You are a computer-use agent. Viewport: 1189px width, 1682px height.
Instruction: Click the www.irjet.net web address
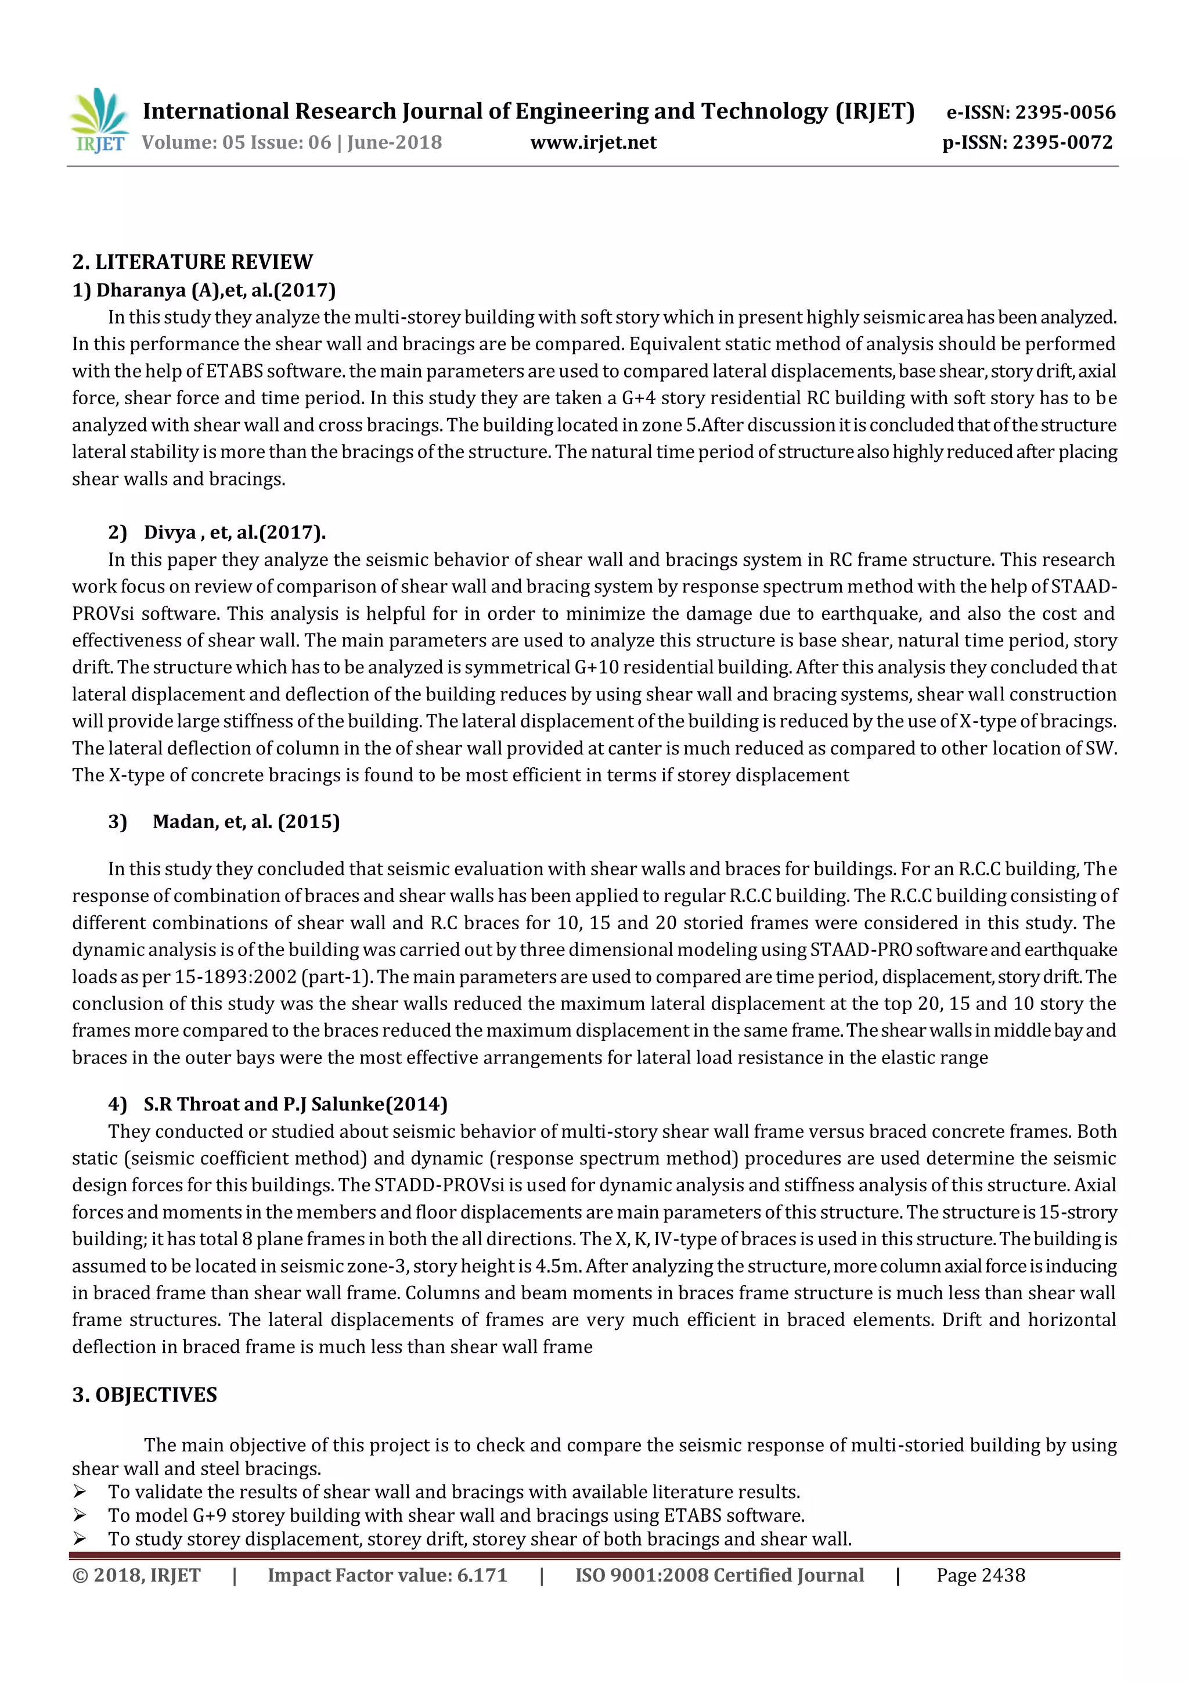593,142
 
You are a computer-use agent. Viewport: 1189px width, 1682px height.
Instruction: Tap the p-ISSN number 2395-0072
1062,142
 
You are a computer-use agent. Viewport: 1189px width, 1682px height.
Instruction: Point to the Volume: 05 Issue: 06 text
236,142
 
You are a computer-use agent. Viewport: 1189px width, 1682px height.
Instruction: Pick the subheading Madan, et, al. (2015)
246,821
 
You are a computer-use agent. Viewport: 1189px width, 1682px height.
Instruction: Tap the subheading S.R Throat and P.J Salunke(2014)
295,1104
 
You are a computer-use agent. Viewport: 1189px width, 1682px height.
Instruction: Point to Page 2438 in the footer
981,1575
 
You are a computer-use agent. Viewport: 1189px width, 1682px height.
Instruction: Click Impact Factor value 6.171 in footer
387,1575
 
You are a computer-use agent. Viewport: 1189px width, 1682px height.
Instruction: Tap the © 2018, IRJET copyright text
136,1575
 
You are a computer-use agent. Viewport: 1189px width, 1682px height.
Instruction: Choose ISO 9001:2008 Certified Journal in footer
719,1575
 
